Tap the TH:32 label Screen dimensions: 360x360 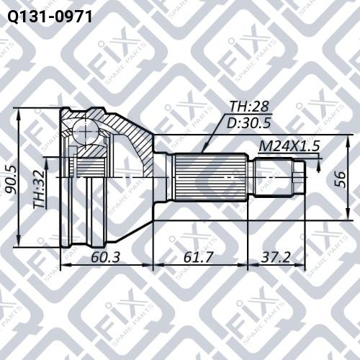click(40, 189)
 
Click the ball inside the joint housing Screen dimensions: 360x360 click(85, 132)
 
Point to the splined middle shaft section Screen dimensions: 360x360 click(210, 177)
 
